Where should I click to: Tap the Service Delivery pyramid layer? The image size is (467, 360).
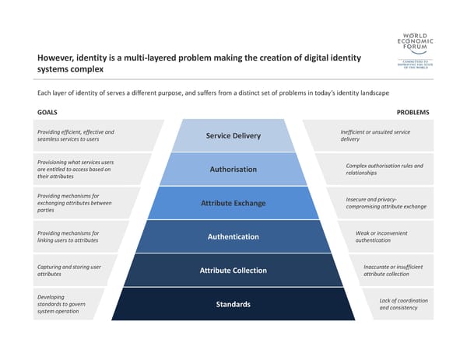point(233,137)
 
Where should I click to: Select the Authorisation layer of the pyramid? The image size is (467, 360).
point(233,170)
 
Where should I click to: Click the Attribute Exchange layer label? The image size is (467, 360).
point(233,204)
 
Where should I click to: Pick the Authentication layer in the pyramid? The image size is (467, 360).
point(233,236)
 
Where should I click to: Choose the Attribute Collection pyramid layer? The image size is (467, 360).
point(233,271)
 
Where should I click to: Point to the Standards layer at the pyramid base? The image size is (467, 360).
point(233,304)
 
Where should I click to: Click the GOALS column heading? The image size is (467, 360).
point(47,112)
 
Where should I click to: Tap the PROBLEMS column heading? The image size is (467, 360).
point(413,112)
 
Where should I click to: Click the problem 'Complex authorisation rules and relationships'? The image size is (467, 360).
point(384,170)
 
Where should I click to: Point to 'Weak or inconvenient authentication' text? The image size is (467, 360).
point(381,236)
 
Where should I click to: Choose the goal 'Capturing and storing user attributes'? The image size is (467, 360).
point(69,271)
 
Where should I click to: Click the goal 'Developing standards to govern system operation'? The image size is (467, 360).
point(61,304)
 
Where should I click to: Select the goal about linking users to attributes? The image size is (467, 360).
point(68,236)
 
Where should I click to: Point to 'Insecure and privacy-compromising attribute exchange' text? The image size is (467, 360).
point(386,203)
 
